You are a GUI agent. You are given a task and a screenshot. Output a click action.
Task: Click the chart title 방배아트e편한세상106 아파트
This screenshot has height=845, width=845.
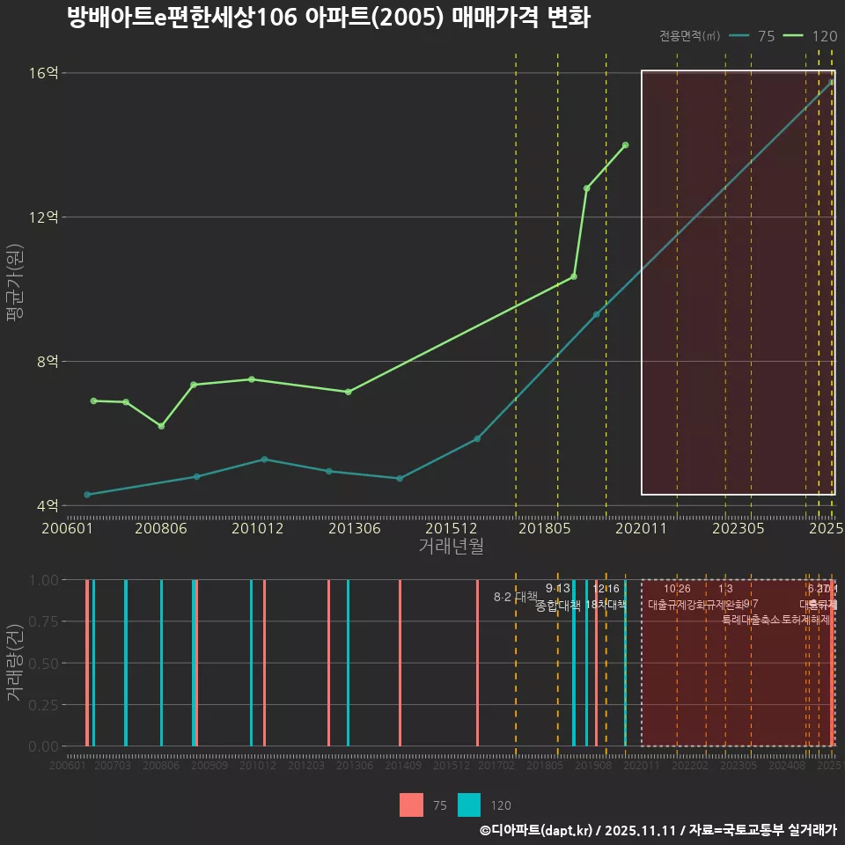point(328,17)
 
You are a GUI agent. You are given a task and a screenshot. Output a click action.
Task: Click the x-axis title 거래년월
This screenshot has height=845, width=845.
point(451,547)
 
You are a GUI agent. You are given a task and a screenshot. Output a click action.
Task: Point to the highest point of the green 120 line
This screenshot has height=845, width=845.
point(625,145)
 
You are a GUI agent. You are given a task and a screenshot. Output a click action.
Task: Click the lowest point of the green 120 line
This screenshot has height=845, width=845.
point(161,426)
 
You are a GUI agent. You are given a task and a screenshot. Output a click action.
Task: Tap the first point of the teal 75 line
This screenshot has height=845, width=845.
point(86,495)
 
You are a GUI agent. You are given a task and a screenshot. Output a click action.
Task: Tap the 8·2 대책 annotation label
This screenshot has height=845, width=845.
point(516,596)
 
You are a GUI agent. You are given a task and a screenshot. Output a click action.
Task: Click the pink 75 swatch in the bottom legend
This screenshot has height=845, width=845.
point(411,805)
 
